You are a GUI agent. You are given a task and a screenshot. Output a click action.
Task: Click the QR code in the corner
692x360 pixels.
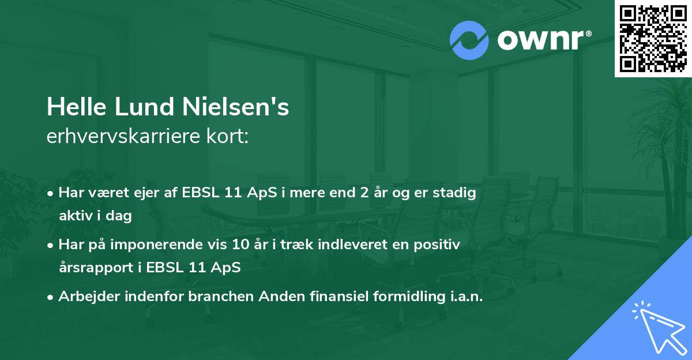click(653, 38)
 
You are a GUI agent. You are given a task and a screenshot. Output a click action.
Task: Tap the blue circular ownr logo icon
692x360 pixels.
click(469, 40)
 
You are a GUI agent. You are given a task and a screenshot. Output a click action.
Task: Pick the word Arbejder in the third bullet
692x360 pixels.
click(84, 297)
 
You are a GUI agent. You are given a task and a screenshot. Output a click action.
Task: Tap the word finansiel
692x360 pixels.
click(341, 297)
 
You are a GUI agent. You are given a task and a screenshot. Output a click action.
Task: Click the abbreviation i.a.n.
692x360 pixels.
click(468, 297)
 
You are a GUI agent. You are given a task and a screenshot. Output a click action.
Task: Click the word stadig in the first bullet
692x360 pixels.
click(457, 193)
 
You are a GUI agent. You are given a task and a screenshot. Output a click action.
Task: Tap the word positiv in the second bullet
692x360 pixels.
click(441, 245)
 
